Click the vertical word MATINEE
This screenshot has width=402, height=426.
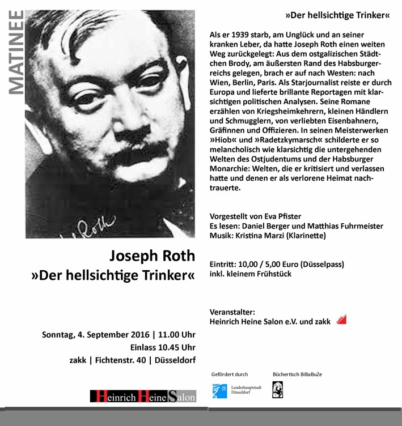coord(16,52)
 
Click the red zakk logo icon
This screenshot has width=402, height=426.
coord(341,320)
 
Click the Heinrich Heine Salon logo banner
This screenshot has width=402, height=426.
coord(143,397)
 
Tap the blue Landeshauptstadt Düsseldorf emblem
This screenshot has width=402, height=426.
coord(219,390)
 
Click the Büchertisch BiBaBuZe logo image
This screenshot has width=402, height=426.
coord(278,389)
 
